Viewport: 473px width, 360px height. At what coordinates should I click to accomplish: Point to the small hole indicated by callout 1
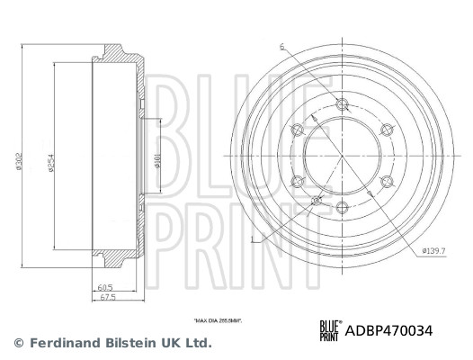pos(315,201)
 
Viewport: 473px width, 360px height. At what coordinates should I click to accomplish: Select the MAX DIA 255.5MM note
pos(218,319)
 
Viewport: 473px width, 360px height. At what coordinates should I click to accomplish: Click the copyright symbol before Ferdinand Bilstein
pos(18,343)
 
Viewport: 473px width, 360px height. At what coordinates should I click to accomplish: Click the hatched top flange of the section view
pos(121,54)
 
